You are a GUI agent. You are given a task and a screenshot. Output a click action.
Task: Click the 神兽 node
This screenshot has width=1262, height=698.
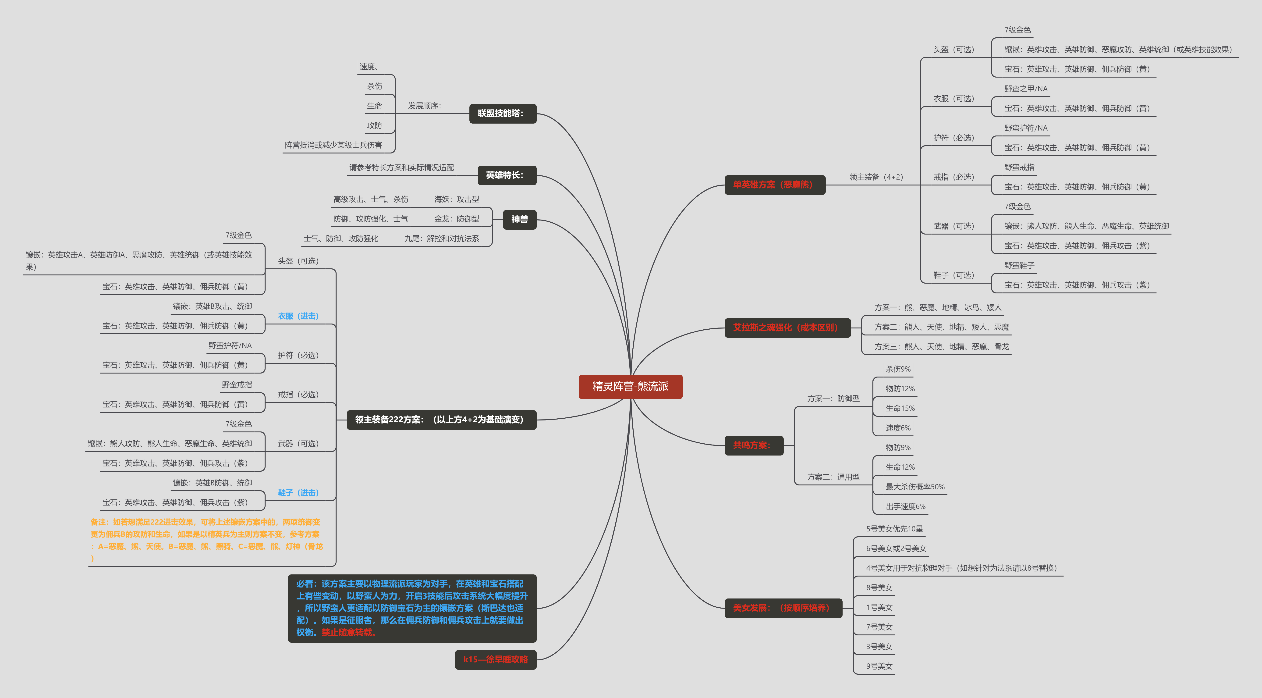click(520, 220)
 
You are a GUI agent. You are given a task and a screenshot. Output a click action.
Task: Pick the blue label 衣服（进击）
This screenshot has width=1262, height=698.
click(298, 316)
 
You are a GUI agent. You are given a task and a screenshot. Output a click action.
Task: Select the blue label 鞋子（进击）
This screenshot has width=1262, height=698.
click(298, 493)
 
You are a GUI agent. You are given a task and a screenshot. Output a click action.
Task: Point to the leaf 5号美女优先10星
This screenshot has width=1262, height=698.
click(895, 529)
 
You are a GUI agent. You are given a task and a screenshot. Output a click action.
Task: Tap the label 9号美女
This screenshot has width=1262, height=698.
click(879, 666)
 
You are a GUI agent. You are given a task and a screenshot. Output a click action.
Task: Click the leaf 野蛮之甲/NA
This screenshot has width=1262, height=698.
click(1026, 89)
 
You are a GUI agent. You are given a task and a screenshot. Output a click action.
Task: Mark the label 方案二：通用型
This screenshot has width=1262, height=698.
click(833, 477)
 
